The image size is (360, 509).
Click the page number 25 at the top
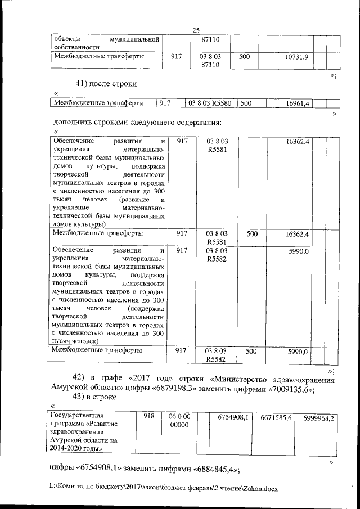(196, 31)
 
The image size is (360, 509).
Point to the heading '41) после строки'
(106, 84)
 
